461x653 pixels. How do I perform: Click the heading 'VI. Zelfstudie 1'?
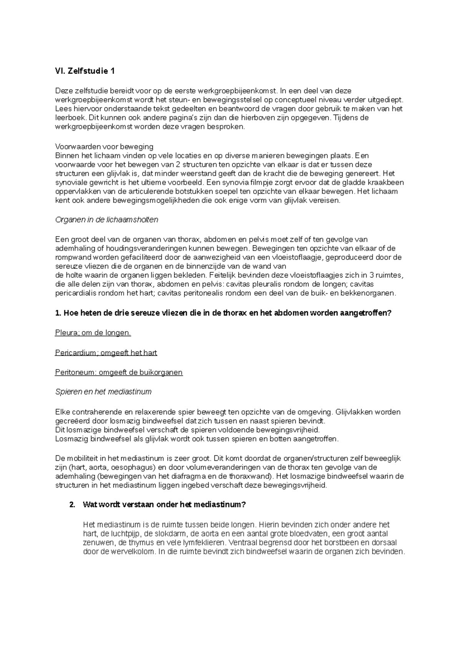tap(85, 71)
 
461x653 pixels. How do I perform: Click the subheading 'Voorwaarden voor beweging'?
tap(104, 147)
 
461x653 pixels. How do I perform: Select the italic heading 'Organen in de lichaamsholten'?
tap(107, 220)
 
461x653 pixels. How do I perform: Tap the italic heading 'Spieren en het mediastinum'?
tap(103, 392)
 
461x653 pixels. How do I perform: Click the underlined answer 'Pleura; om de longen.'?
tap(93, 333)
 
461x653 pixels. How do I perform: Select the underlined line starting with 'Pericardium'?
tap(106, 353)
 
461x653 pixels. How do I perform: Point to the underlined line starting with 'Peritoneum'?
tap(119, 372)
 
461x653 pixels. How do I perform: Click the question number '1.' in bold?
tap(58, 313)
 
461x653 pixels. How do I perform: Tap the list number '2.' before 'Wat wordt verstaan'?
tap(72, 505)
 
